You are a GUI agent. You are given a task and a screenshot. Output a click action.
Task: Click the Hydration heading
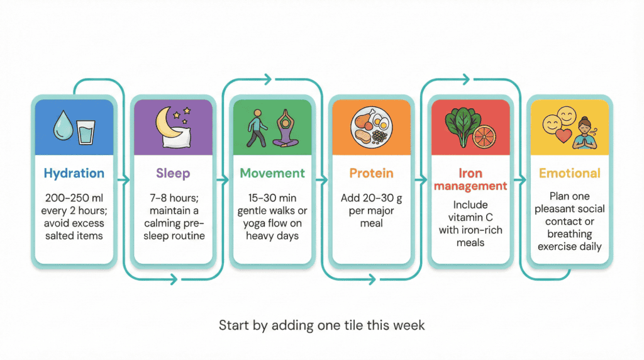[74, 173]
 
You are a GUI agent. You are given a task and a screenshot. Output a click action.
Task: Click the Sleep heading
[173, 173]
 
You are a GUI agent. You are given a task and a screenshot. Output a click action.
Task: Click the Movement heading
[272, 173]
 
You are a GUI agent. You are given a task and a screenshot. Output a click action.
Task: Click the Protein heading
[371, 173]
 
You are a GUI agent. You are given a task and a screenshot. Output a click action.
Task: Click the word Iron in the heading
[470, 173]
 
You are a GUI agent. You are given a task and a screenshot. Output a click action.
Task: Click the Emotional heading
[569, 173]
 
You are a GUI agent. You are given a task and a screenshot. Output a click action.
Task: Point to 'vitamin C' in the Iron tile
[470, 218]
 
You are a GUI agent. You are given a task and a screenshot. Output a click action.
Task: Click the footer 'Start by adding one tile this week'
[321, 325]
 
